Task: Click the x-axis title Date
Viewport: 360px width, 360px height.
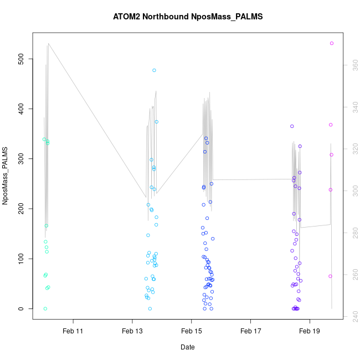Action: pos(187,347)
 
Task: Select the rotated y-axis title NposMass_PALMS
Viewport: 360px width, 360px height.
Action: pos(5,176)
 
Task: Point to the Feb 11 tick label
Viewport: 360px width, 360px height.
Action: pos(73,331)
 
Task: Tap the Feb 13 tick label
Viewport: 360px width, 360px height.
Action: pos(132,331)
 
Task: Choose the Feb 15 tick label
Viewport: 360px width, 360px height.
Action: pos(191,331)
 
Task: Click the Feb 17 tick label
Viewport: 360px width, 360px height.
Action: pos(250,331)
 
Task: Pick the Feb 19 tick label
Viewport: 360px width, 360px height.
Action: pos(310,331)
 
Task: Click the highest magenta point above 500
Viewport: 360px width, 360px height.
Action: pos(332,43)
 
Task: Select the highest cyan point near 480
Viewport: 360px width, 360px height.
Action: pos(154,70)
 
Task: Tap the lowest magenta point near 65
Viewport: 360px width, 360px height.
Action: pos(330,276)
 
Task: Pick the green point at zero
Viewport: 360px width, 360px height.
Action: pos(45,308)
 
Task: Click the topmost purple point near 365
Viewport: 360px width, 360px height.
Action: pos(292,126)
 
